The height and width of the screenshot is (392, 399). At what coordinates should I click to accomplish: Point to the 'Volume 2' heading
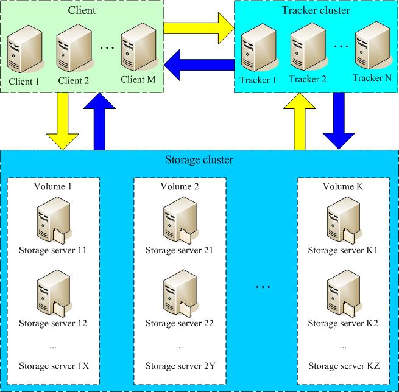180,186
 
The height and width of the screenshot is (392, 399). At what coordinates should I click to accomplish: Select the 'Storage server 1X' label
54,366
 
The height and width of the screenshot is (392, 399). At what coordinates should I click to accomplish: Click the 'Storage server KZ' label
344,366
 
